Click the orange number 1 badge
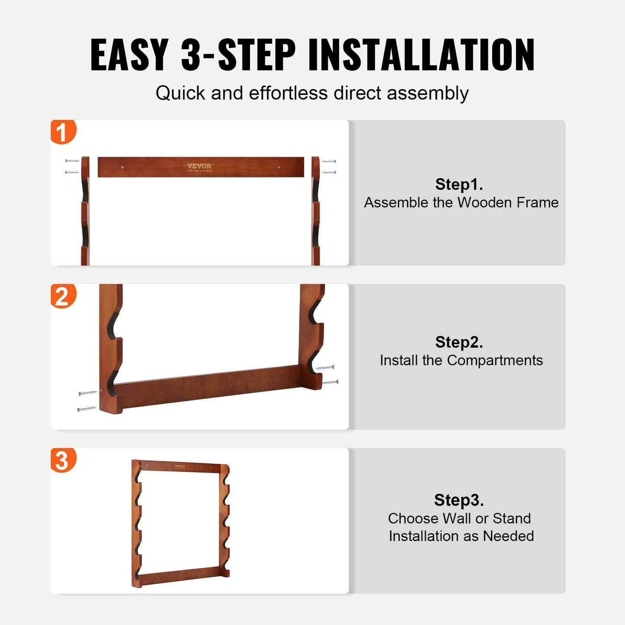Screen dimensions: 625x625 (x=63, y=132)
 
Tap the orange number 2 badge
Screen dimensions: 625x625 (x=63, y=296)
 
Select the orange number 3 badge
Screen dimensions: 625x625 (x=63, y=460)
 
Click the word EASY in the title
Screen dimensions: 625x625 (x=129, y=55)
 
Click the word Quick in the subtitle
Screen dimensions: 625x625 (x=180, y=93)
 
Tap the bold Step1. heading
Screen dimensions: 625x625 (x=459, y=184)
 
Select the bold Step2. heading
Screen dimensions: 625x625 (x=459, y=342)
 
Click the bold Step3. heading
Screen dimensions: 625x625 (x=459, y=500)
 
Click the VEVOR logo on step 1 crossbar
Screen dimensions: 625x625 (x=199, y=166)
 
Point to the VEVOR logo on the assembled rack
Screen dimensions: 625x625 (x=180, y=466)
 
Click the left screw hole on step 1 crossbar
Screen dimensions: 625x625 (x=122, y=167)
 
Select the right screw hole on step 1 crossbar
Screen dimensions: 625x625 (x=279, y=167)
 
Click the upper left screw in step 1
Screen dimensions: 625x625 (x=72, y=161)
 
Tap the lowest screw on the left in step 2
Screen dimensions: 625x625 (x=87, y=409)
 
